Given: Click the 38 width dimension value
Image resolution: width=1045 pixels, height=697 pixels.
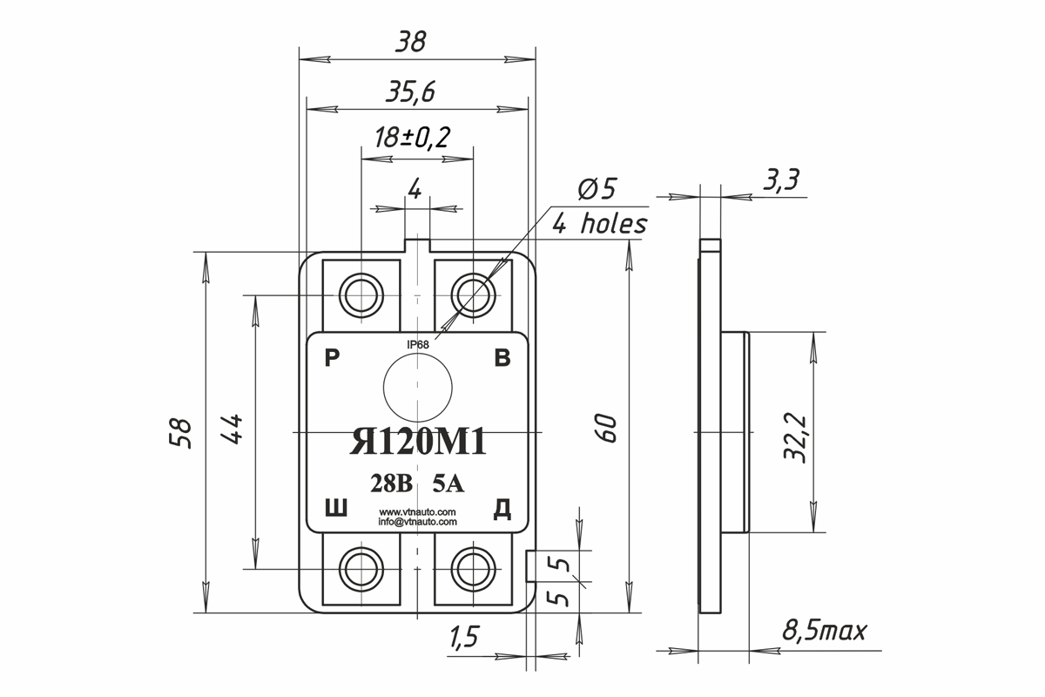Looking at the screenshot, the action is coord(411,42).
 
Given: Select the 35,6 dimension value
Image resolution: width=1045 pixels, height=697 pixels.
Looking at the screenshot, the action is coord(410,91).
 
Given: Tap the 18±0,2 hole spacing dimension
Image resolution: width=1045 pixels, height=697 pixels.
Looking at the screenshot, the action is coord(412,138).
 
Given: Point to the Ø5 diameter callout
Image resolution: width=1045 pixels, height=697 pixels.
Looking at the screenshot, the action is coord(597,189).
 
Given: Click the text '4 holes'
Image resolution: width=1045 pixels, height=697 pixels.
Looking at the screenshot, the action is coord(600,224).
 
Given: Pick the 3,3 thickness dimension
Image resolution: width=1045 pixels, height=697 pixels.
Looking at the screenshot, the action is coord(781,179).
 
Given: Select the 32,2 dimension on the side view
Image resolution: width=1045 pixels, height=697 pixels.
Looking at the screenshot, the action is coord(795,437).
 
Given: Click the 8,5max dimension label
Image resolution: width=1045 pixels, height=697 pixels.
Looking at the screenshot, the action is coord(825,631).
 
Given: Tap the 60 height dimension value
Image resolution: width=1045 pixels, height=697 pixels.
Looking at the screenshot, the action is coord(606,428).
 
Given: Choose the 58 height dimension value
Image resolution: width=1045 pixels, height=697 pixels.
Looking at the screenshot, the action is coord(180,433).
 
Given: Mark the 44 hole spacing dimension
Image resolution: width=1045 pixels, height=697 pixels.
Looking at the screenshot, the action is coord(232,430).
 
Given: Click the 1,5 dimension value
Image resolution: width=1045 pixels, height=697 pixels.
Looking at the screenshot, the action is coord(465,637).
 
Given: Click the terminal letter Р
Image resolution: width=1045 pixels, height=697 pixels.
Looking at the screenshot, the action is coord(332,359).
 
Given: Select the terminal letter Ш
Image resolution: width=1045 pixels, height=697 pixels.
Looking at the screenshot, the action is coord(336,508).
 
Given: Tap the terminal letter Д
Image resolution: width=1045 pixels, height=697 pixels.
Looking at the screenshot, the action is coord(502,509).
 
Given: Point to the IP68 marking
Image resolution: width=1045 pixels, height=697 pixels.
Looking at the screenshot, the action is coord(417,344).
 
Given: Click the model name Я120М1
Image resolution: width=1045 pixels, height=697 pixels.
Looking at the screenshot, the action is coord(418,442).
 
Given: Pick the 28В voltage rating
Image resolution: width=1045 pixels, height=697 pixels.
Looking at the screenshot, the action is coord(391,484).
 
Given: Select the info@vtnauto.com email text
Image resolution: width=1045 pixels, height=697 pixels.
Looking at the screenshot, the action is coord(417,522).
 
